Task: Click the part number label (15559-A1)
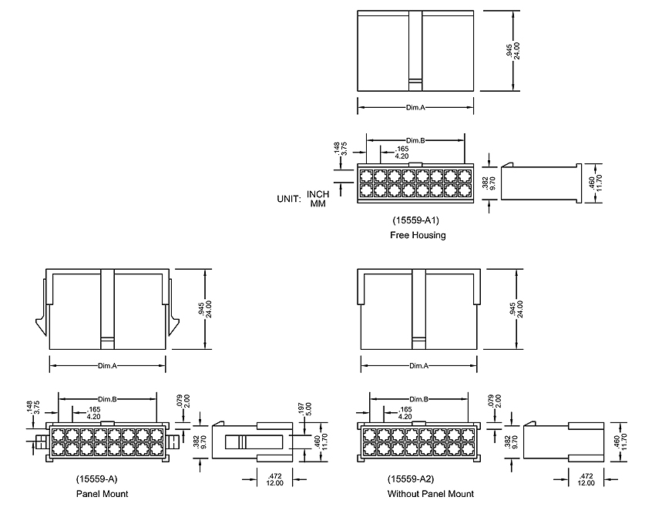pos(415,220)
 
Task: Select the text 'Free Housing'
pos(418,235)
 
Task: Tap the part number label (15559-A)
pos(97,478)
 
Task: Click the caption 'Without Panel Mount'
pos(431,494)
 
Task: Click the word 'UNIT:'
pos(289,199)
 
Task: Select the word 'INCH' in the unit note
pos(318,193)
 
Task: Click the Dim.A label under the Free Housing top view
pos(415,107)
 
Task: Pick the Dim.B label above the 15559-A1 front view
pos(416,140)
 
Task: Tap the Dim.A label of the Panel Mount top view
pos(108,365)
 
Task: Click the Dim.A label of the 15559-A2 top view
pos(419,365)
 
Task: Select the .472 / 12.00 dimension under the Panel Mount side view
pos(274,479)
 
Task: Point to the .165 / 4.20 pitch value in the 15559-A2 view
pos(405,413)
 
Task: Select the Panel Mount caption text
pos(102,494)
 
